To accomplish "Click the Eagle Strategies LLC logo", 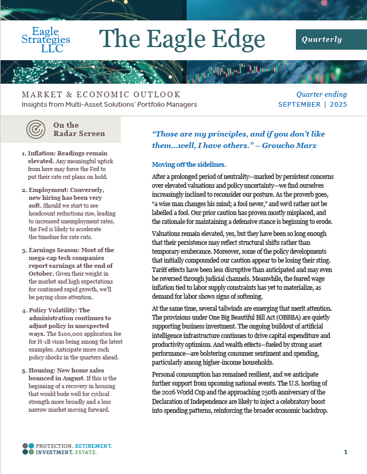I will pyautogui.click(x=46, y=40).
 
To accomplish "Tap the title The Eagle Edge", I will pyautogui.click(x=182, y=40).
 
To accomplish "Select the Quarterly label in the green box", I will pyautogui.click(x=322, y=39).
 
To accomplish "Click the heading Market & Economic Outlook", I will pyautogui.click(x=101, y=95).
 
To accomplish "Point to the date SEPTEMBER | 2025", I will pyautogui.click(x=313, y=104).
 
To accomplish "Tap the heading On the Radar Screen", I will pyautogui.click(x=78, y=129).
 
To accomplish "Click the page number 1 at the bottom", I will pyautogui.click(x=346, y=452).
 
